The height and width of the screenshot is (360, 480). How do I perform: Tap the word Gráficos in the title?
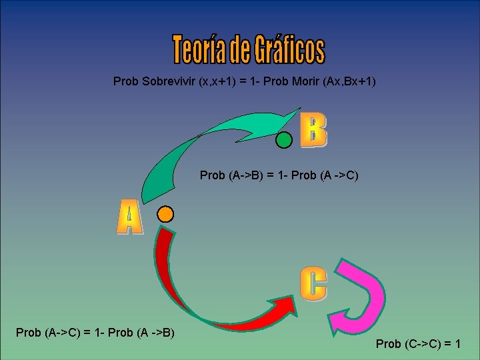click(x=289, y=49)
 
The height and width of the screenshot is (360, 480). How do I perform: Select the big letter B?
click(x=313, y=130)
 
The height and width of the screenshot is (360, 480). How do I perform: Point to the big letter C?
click(x=313, y=283)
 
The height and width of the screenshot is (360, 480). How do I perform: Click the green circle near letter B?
click(x=285, y=140)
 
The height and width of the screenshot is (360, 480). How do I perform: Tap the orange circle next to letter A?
click(x=165, y=214)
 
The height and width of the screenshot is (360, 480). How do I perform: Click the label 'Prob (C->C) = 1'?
click(x=419, y=344)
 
